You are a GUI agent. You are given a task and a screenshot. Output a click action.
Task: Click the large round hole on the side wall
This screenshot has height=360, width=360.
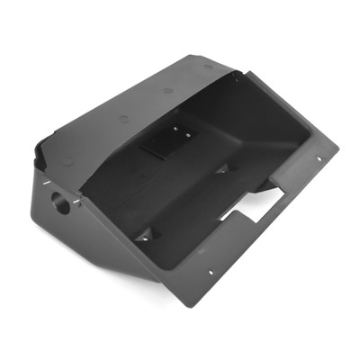tap(61, 202)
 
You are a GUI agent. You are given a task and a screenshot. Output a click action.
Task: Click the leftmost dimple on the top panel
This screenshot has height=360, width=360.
tap(67, 160)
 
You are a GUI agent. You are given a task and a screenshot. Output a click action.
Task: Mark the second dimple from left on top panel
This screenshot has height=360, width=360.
tap(123, 117)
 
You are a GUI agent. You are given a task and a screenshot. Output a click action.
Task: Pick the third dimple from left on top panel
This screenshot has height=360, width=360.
tap(168, 90)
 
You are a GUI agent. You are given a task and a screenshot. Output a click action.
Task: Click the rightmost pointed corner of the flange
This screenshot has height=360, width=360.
tap(338, 146)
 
